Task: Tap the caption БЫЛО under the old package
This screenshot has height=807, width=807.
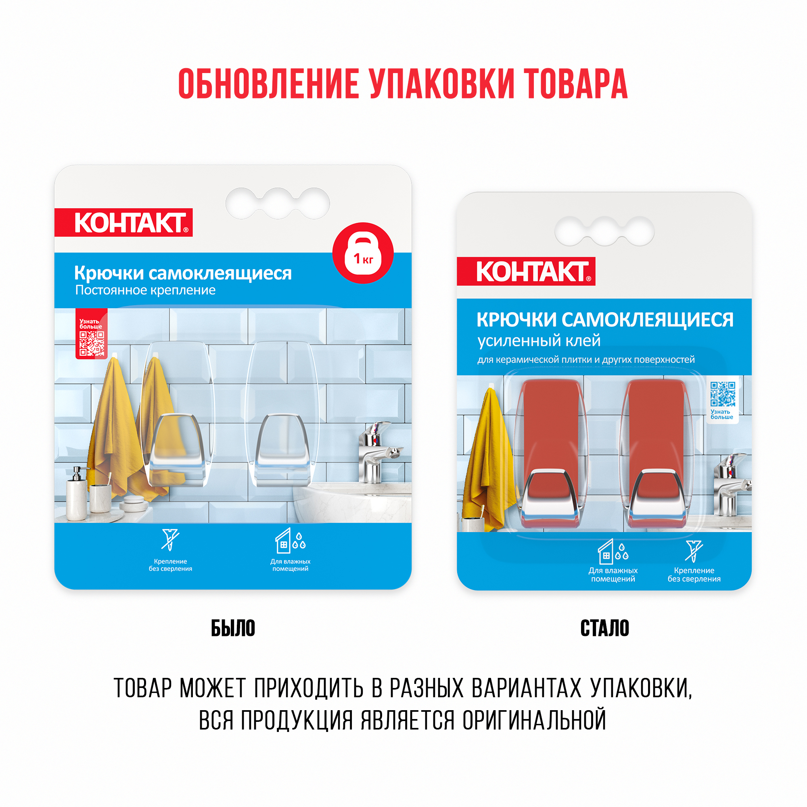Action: click(x=233, y=628)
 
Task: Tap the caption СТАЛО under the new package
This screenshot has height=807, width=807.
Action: click(x=604, y=628)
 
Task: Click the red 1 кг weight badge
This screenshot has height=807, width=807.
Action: click(x=363, y=253)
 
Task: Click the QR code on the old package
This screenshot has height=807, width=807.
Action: click(x=92, y=343)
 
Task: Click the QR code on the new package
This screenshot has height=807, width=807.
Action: click(x=723, y=393)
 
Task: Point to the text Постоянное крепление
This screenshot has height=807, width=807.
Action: click(x=145, y=290)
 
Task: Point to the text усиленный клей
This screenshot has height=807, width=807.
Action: click(x=539, y=341)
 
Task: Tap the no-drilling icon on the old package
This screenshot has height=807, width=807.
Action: click(x=170, y=539)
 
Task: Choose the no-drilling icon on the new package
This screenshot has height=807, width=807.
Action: click(x=693, y=550)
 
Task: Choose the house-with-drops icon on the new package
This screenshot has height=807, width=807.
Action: click(x=613, y=551)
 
